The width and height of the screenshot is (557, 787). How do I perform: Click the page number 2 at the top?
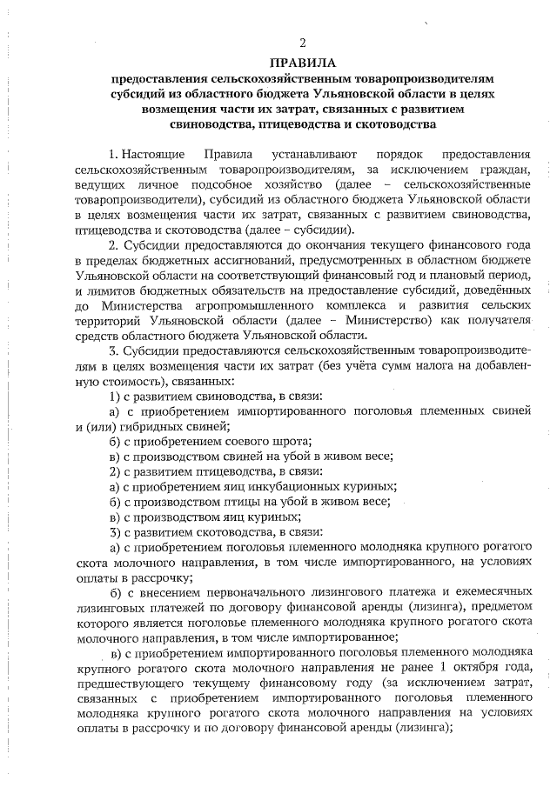302,43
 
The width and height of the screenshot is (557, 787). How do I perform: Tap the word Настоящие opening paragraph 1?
152,153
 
